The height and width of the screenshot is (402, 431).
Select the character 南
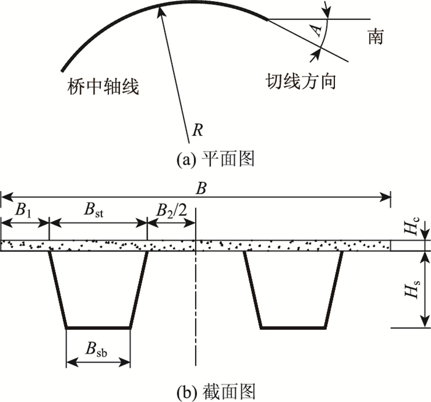pos(375,37)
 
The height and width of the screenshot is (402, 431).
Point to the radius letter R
pos(197,130)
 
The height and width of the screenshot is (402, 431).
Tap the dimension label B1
pos(23,210)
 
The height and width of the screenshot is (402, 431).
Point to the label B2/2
pos(170,210)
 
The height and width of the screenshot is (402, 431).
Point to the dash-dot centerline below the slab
pos(196,308)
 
